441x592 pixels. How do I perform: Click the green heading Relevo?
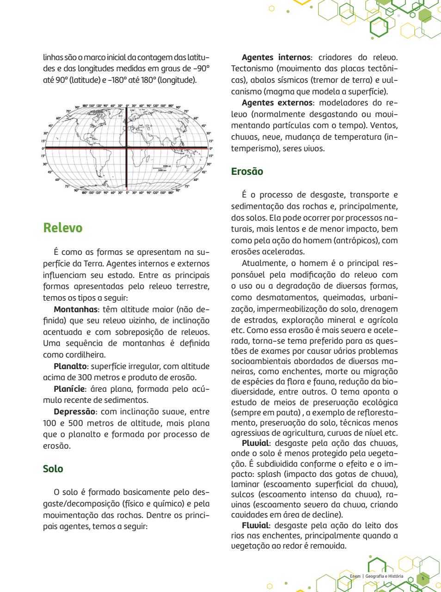coord(62,228)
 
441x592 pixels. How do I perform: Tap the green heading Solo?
coord(53,469)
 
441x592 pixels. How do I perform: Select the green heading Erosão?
coord(247,172)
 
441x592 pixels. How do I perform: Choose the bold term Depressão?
coord(74,412)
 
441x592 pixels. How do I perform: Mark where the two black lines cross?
coord(126,148)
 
